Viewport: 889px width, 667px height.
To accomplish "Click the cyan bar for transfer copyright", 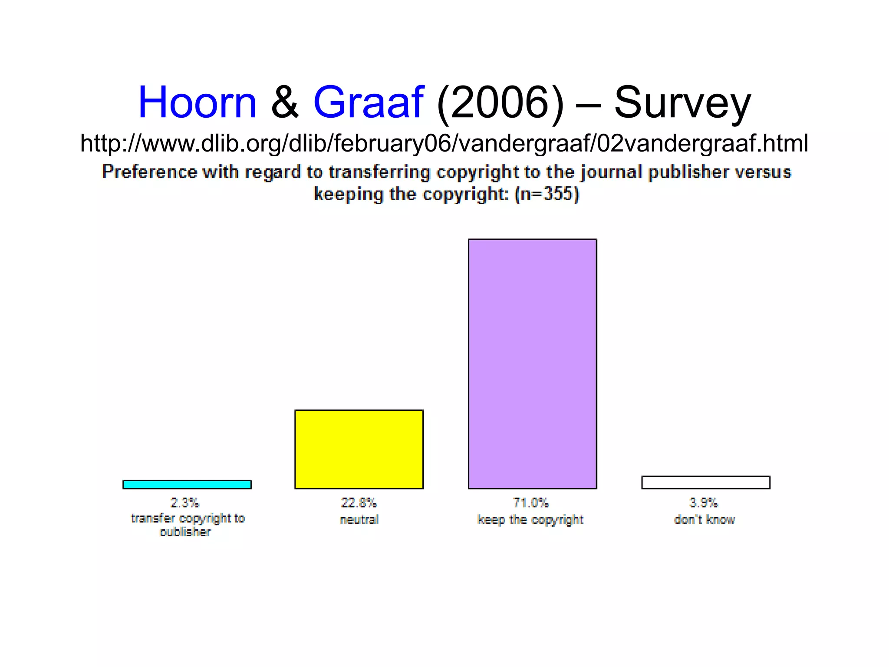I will tap(187, 484).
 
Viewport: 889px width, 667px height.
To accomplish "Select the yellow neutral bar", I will tap(359, 449).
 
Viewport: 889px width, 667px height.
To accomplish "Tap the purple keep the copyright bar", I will tap(532, 364).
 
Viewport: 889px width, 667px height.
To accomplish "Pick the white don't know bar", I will tap(706, 482).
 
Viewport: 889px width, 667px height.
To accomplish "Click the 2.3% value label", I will tap(184, 503).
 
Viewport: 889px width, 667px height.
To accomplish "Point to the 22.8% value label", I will tap(359, 503).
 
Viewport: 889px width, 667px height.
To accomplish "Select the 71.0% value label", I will tap(531, 503).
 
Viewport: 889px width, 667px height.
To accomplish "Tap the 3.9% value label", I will tap(704, 503).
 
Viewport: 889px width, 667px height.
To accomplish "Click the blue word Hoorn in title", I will tap(198, 102).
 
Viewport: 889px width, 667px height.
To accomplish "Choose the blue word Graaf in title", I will tap(368, 102).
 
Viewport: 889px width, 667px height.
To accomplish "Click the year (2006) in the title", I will tap(500, 102).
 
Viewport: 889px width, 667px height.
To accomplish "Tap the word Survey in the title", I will tap(682, 103).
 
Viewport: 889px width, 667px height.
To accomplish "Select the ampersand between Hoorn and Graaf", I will tap(285, 102).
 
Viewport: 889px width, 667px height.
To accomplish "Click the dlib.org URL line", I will tap(444, 143).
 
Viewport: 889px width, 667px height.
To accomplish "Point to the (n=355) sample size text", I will tap(547, 194).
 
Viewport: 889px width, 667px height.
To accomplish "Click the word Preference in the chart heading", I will tap(149, 172).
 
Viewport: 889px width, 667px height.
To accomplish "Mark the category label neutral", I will tap(359, 519).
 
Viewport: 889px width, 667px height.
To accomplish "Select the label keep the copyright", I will tap(530, 520).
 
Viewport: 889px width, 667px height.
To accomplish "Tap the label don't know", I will tap(704, 519).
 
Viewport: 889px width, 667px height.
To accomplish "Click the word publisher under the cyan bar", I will tap(185, 532).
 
